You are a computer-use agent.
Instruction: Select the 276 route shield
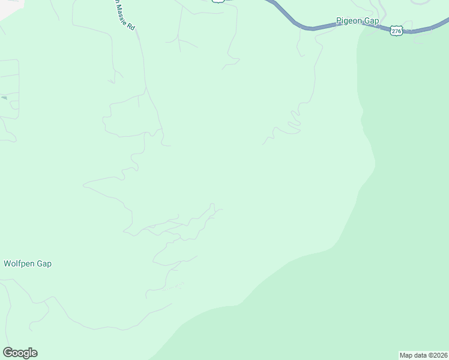[396, 30]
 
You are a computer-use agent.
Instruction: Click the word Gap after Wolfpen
[44, 263]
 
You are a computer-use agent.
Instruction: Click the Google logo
[20, 353]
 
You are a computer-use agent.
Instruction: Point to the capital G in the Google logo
[7, 352]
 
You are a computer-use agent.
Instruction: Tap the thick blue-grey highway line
[312, 27]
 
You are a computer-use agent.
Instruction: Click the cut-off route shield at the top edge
[218, 1]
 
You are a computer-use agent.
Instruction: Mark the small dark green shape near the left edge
[4, 97]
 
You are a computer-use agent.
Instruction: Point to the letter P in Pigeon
[339, 20]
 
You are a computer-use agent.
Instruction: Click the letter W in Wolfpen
[7, 263]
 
